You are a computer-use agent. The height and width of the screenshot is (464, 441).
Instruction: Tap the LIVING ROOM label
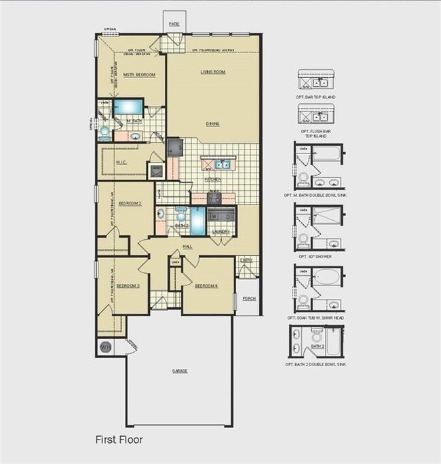[x=212, y=71]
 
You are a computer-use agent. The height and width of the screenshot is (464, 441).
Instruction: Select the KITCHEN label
[x=213, y=179]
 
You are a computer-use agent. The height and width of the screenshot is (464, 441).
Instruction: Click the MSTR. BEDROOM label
[x=139, y=74]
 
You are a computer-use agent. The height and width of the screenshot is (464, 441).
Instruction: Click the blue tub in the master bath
[x=127, y=107]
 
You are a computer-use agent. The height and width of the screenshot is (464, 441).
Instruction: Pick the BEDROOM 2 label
[x=129, y=203]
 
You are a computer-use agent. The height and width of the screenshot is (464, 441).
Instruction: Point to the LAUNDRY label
[x=221, y=232]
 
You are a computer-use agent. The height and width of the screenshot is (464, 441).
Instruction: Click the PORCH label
[x=249, y=297]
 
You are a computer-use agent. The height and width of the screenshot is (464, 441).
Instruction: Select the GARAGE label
[x=179, y=371]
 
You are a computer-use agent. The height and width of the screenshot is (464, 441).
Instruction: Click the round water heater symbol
[x=105, y=347]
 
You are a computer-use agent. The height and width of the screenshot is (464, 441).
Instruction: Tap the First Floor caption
[x=119, y=440]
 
